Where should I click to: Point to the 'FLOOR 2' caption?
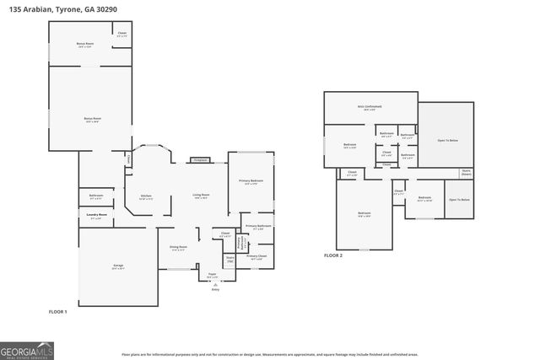point(334,255)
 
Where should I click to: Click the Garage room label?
point(118,267)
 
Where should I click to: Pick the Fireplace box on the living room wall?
point(200,159)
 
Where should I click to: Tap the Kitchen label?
point(145,196)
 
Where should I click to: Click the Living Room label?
point(201,196)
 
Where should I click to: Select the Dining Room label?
point(178,247)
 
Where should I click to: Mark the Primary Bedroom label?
point(251,181)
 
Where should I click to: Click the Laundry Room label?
point(98,216)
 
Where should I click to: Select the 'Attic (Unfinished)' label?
point(370,107)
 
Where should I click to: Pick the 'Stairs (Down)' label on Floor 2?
point(466,173)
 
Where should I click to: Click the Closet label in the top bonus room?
point(122,34)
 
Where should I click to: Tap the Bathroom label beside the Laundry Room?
point(96,196)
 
